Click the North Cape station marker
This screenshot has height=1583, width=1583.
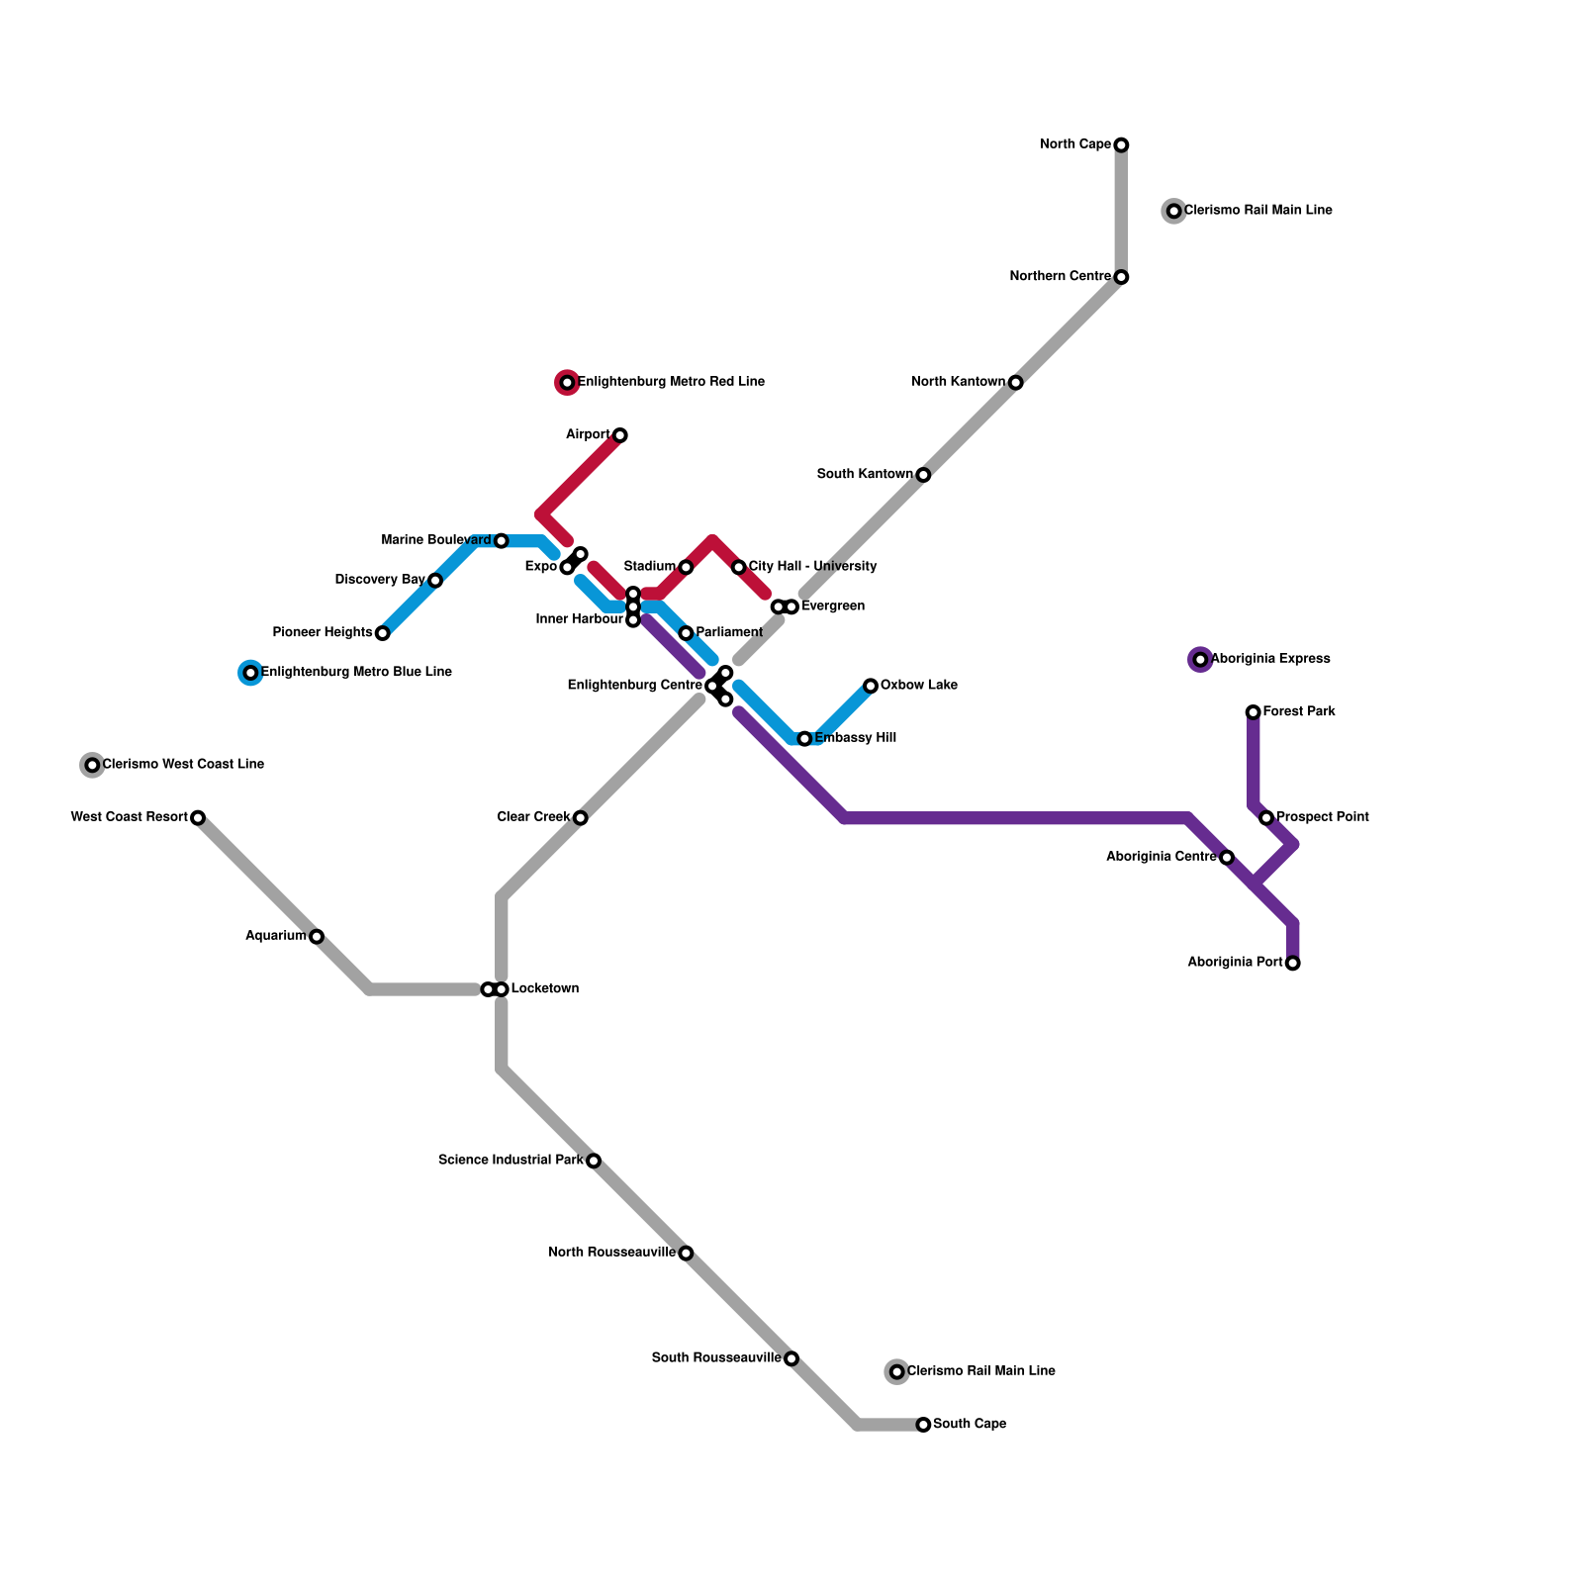[1121, 145]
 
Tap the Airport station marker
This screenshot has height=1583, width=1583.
[620, 435]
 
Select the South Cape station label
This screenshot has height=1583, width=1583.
[970, 1425]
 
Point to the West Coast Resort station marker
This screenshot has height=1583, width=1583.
[198, 818]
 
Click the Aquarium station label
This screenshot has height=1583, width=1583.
[276, 936]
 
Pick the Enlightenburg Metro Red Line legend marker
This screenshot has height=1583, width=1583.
[567, 383]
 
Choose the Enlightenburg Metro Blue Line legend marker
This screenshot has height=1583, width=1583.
[250, 673]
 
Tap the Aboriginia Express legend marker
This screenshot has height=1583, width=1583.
[1200, 660]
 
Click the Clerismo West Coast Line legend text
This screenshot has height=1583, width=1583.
[183, 765]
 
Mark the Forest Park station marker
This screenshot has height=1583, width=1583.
[1254, 712]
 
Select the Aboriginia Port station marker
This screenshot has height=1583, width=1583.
[1293, 964]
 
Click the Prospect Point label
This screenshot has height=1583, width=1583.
[1323, 817]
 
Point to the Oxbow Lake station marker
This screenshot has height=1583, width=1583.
[871, 686]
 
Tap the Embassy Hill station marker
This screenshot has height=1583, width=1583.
[804, 739]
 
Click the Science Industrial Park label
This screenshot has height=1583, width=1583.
[511, 1161]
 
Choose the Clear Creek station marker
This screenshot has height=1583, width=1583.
[581, 818]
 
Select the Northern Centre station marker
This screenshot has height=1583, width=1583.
[1121, 277]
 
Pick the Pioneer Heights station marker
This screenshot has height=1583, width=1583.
[383, 633]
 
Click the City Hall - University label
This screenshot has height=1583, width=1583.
[812, 567]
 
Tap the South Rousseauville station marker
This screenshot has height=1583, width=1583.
[791, 1358]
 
